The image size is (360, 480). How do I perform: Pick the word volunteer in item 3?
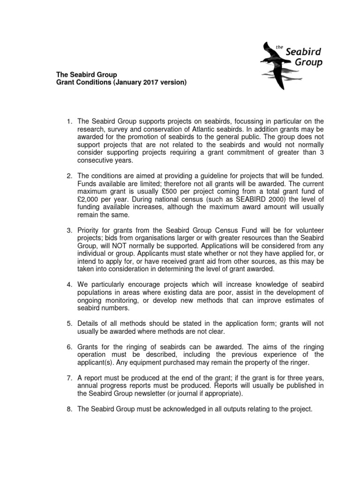[x=308, y=229]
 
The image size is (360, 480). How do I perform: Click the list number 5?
[x=69, y=324]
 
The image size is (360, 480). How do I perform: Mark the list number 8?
[x=69, y=409]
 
